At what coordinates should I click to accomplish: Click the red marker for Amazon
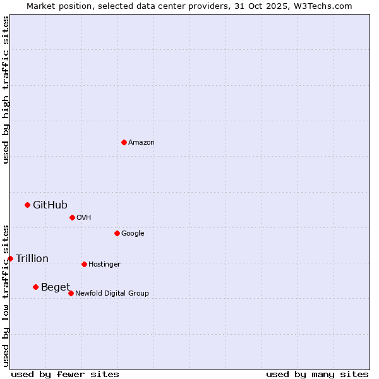pos(124,142)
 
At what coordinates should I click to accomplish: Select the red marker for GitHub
pos(27,205)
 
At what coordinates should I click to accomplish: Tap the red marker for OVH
pos(72,217)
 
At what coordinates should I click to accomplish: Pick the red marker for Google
pos(117,233)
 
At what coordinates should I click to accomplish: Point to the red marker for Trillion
pos(10,258)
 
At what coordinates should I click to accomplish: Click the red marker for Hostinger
pos(84,264)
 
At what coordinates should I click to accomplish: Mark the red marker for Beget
pos(35,287)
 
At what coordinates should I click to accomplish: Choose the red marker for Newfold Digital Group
pos(71,293)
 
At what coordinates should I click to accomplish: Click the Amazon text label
pos(141,142)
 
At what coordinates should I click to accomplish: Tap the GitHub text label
pos(50,205)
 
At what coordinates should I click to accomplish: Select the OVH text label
pos(84,217)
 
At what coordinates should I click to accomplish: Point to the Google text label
pos(133,233)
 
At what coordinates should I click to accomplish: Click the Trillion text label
pos(32,258)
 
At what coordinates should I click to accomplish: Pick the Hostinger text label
pos(104,264)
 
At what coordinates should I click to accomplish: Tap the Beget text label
pos(56,287)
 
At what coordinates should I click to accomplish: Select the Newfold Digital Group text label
pos(112,293)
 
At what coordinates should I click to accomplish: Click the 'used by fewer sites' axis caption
pos(65,374)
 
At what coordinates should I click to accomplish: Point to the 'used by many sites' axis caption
pos(317,374)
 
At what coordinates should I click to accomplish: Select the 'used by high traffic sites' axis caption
pos(6,90)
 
